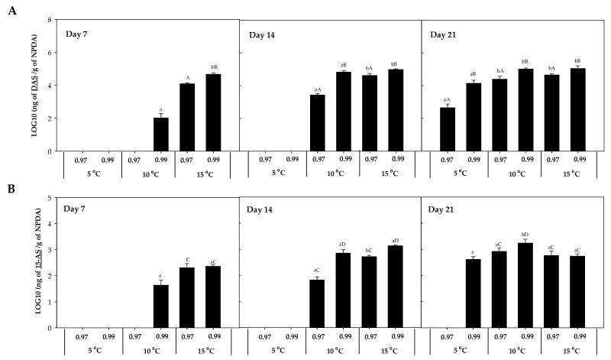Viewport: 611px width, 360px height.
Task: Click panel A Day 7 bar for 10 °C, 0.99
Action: (x=161, y=135)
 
